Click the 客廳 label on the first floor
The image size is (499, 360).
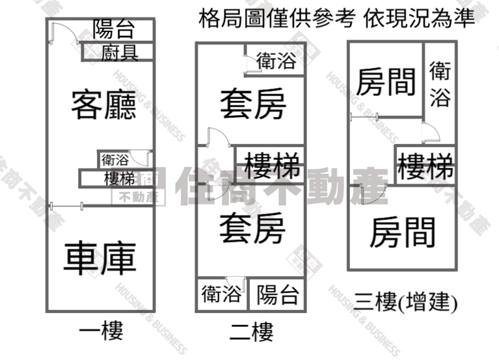tap(103, 105)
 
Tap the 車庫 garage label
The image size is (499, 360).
tap(100, 258)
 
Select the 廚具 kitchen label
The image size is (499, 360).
tap(120, 53)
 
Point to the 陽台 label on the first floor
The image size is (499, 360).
tap(114, 29)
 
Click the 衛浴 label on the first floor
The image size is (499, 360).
tap(115, 159)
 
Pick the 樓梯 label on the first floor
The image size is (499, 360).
tap(120, 178)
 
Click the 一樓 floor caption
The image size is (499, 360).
tap(101, 331)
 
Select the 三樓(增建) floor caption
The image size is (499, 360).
tap(405, 302)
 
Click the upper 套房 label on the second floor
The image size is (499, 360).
tap(253, 104)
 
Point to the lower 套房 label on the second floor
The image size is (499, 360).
tap(252, 228)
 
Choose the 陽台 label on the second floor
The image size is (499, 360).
tap(278, 294)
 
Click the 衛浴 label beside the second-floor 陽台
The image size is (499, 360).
tap(221, 294)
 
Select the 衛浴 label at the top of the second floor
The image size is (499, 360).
tap(276, 61)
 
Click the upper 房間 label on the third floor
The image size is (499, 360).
tap(386, 82)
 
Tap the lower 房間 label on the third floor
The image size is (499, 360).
tap(402, 232)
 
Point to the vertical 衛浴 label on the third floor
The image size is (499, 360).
tap(440, 85)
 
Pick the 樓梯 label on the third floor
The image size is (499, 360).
tap(425, 165)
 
